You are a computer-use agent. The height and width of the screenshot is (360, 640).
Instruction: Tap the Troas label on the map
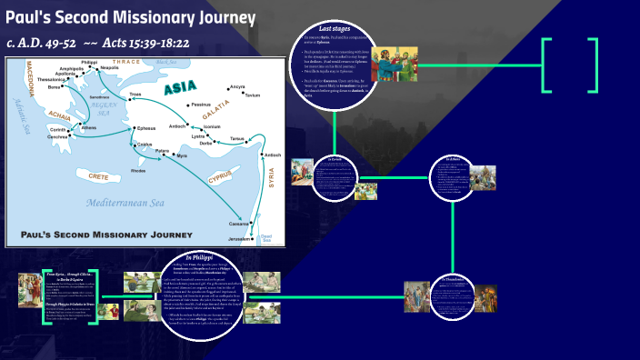point(137,95)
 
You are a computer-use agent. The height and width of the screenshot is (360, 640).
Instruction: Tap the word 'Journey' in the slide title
point(218,19)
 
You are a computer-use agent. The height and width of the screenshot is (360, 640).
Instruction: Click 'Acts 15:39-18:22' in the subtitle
point(160,43)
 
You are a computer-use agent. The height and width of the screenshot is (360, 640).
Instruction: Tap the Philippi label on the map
point(88,62)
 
